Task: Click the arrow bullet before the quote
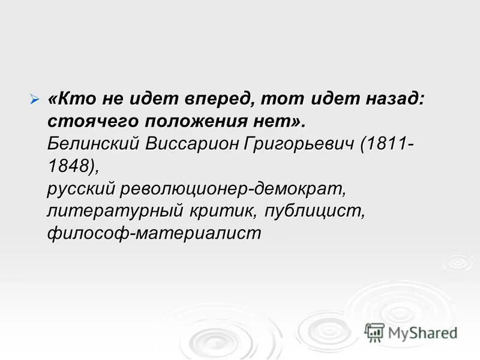35,98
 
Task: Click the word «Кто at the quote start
70,100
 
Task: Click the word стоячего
91,122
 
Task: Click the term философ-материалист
155,233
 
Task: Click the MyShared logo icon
374,332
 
